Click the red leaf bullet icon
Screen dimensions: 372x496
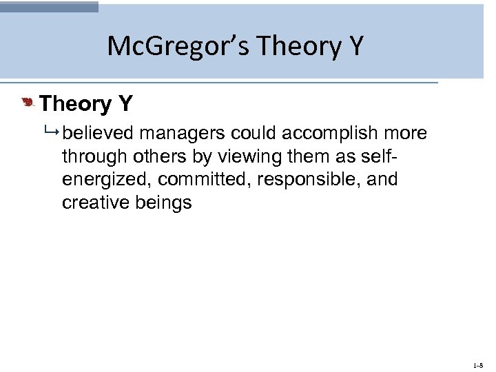pos(28,103)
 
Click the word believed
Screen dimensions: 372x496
pos(98,133)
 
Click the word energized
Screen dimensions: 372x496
pos(106,180)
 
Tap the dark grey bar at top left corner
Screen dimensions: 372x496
pos(49,6)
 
